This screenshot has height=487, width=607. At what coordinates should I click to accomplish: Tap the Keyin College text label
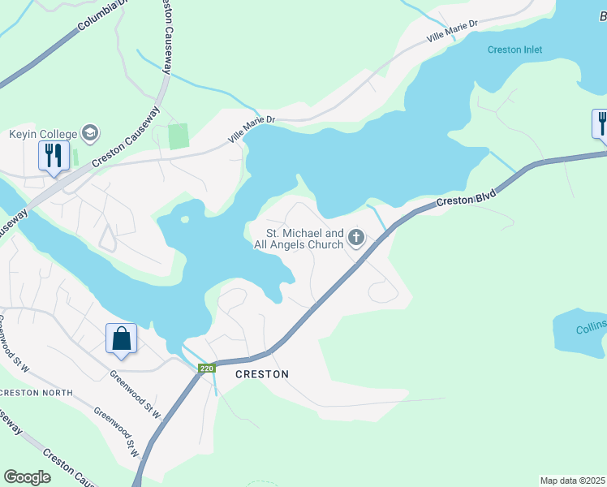pyautogui.click(x=42, y=134)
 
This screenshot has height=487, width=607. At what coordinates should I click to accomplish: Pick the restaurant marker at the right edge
pyautogui.click(x=601, y=123)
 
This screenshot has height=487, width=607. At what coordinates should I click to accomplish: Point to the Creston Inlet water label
pyautogui.click(x=514, y=50)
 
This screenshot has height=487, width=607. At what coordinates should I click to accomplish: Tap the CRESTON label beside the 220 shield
pyautogui.click(x=261, y=374)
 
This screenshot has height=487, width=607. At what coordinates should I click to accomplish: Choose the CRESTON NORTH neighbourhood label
pyautogui.click(x=37, y=393)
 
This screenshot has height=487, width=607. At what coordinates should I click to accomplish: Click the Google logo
pyautogui.click(x=27, y=477)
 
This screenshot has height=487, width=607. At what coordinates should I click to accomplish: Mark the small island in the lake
pyautogui.click(x=186, y=219)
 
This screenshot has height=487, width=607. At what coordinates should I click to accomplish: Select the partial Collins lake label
pyautogui.click(x=591, y=330)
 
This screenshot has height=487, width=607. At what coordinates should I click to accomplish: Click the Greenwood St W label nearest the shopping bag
pyautogui.click(x=136, y=380)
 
